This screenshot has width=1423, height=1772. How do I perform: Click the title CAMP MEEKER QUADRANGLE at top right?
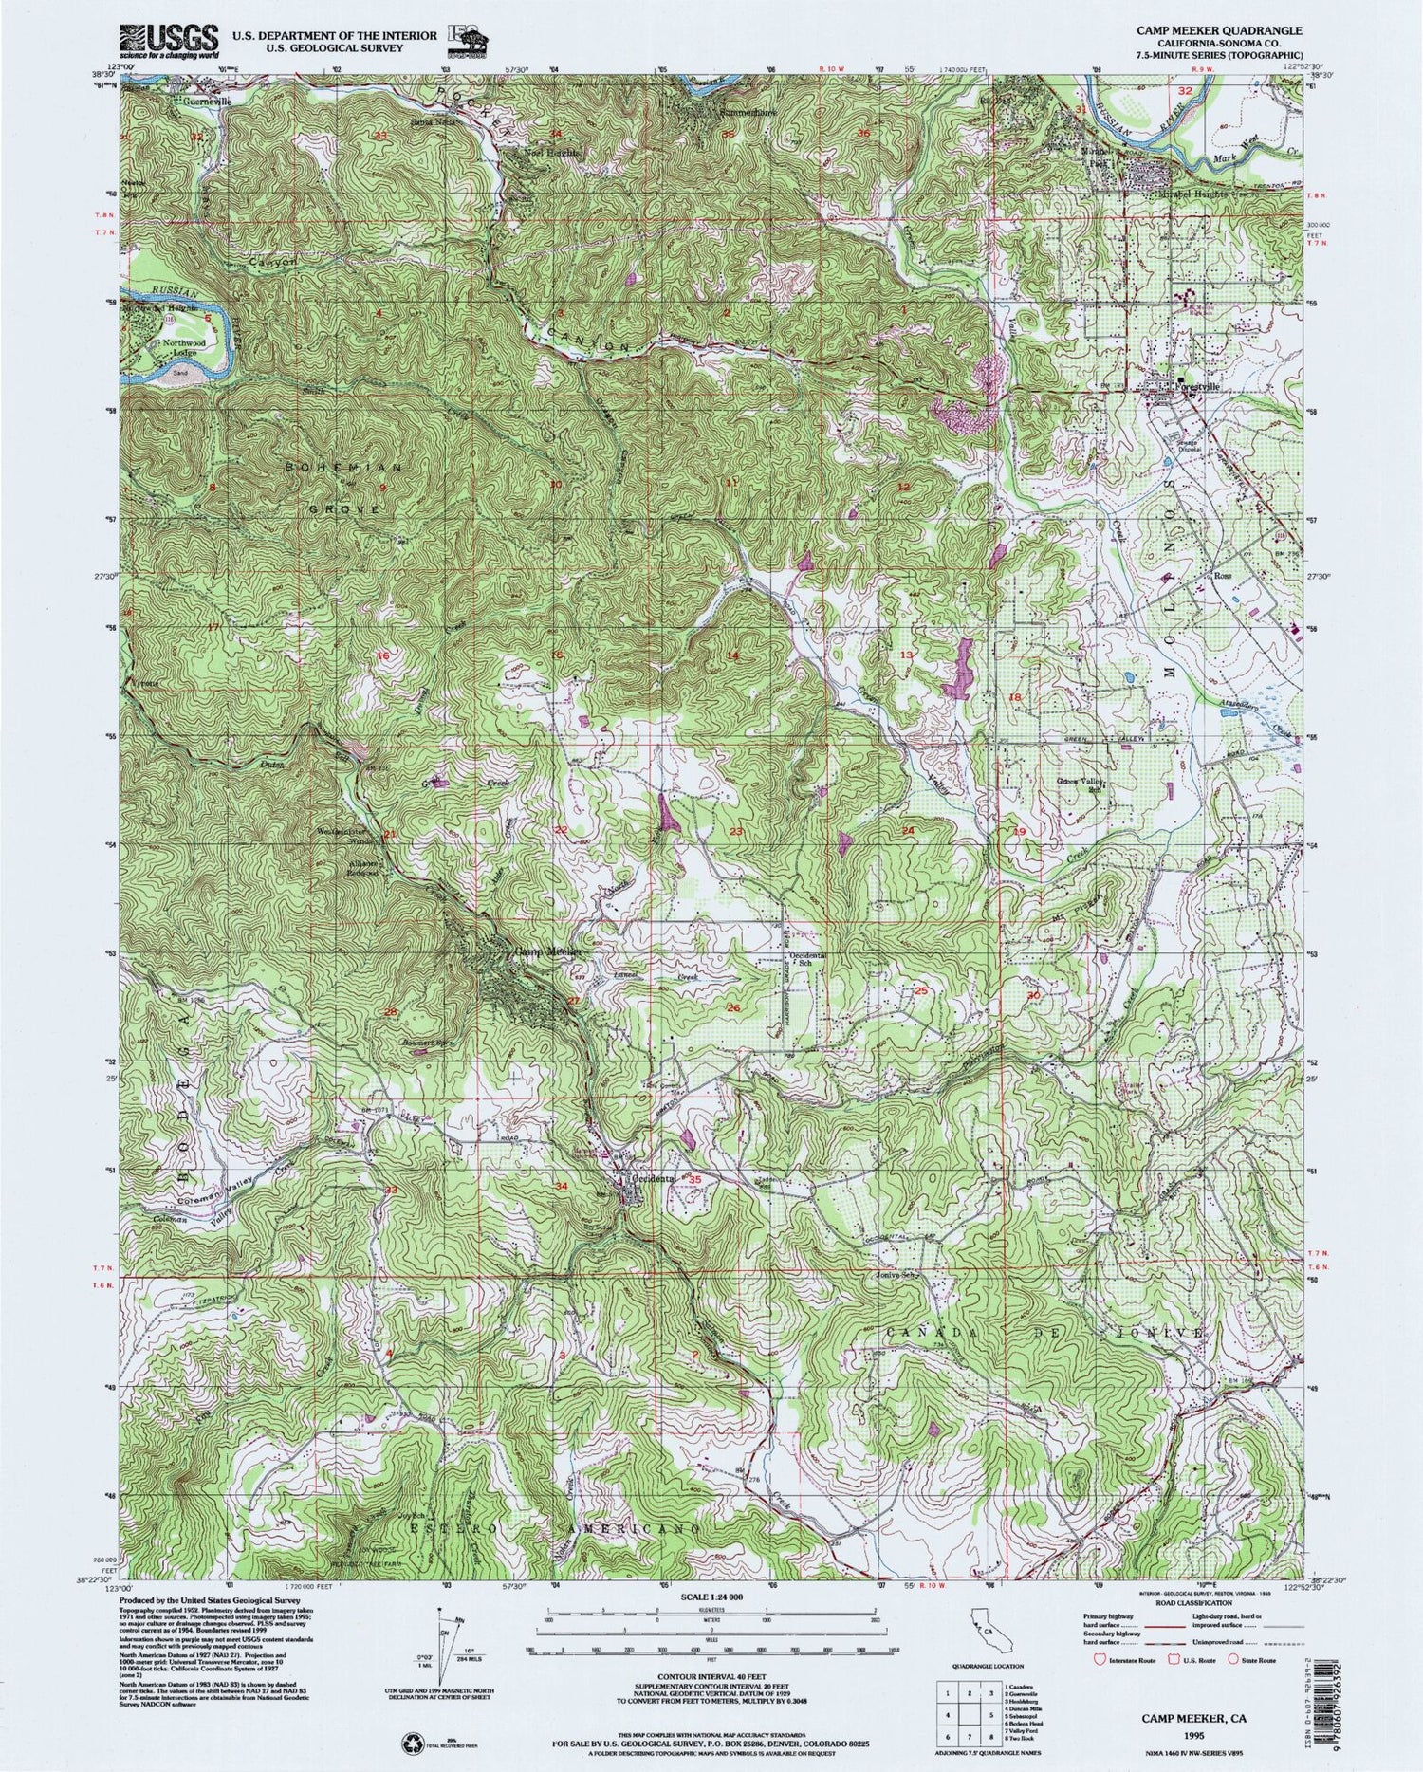1218,30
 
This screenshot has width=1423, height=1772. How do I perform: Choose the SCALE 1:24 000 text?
711,1598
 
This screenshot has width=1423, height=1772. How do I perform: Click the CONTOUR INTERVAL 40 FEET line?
711,1680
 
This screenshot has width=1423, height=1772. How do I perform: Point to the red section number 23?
736,831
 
